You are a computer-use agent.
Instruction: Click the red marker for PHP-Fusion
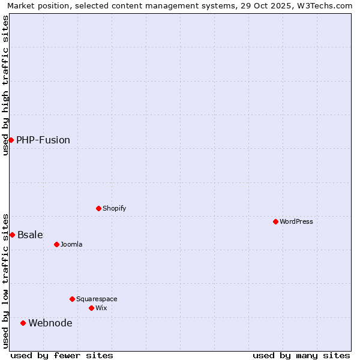pyautogui.click(x=11, y=140)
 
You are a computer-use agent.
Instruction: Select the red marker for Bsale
pyautogui.click(x=12, y=235)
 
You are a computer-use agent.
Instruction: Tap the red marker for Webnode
pyautogui.click(x=23, y=323)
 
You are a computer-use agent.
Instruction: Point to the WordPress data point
pyautogui.click(x=275, y=221)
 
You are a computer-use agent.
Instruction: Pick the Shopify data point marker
pyautogui.click(x=98, y=208)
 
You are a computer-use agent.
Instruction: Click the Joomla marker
pyautogui.click(x=56, y=244)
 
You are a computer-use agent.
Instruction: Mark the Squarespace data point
pyautogui.click(x=72, y=299)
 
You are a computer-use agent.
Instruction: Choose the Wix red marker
pyautogui.click(x=91, y=308)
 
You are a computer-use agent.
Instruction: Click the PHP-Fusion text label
pyautogui.click(x=43, y=140)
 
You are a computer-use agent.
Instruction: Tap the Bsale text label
pyautogui.click(x=30, y=235)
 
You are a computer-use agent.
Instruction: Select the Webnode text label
pyautogui.click(x=50, y=323)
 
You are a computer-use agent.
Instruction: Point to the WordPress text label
pyautogui.click(x=296, y=221)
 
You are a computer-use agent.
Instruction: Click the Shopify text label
pyautogui.click(x=115, y=208)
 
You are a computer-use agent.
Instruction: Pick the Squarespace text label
pyautogui.click(x=97, y=299)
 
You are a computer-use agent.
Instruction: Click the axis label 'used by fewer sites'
pyautogui.click(x=62, y=355)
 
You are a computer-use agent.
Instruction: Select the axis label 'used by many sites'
pyautogui.click(x=301, y=355)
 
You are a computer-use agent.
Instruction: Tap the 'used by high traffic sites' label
pyautogui.click(x=5, y=85)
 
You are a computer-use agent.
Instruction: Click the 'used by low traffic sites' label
pyautogui.click(x=5, y=280)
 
